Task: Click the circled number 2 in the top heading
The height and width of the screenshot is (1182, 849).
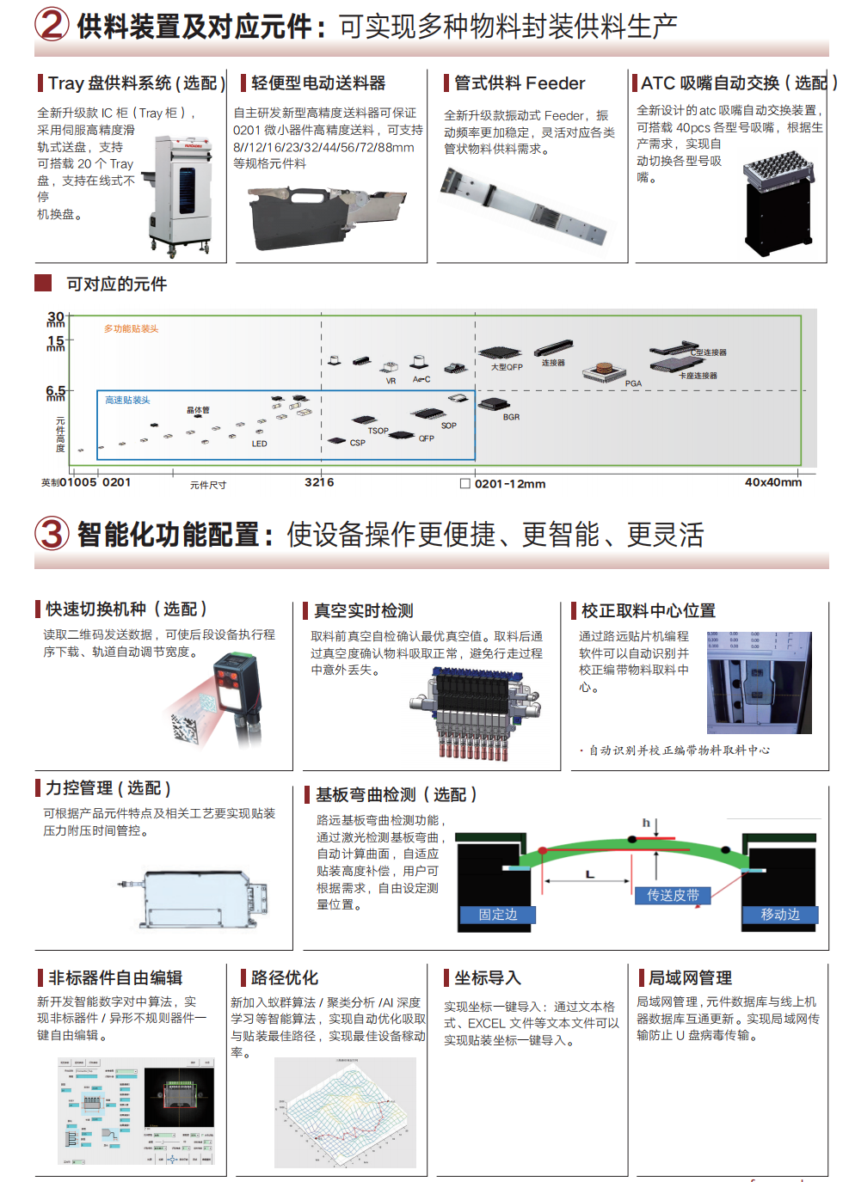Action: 52,24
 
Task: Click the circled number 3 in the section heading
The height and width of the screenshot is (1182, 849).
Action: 52,534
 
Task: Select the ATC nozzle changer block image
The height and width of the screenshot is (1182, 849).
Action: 777,202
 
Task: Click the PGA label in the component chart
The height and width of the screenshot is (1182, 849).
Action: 633,383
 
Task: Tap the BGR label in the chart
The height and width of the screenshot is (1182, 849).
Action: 511,417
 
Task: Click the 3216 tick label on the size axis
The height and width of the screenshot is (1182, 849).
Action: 319,482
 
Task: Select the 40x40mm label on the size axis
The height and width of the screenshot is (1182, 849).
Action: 772,482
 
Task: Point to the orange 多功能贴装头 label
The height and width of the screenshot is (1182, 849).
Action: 131,328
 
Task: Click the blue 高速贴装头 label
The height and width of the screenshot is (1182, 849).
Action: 127,400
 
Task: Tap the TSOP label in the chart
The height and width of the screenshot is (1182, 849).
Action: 378,431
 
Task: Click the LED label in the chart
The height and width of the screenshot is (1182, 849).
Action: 259,444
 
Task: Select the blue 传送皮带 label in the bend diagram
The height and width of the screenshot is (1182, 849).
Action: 673,895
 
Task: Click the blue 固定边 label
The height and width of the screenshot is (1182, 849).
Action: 498,915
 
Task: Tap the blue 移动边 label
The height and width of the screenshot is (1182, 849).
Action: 780,915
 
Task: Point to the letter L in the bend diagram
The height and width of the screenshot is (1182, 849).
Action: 590,874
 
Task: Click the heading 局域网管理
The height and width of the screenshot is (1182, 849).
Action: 690,977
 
